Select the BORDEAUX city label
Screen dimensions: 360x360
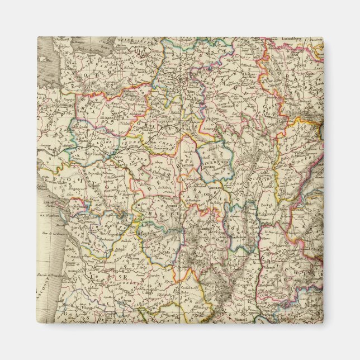(x=80, y=267)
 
